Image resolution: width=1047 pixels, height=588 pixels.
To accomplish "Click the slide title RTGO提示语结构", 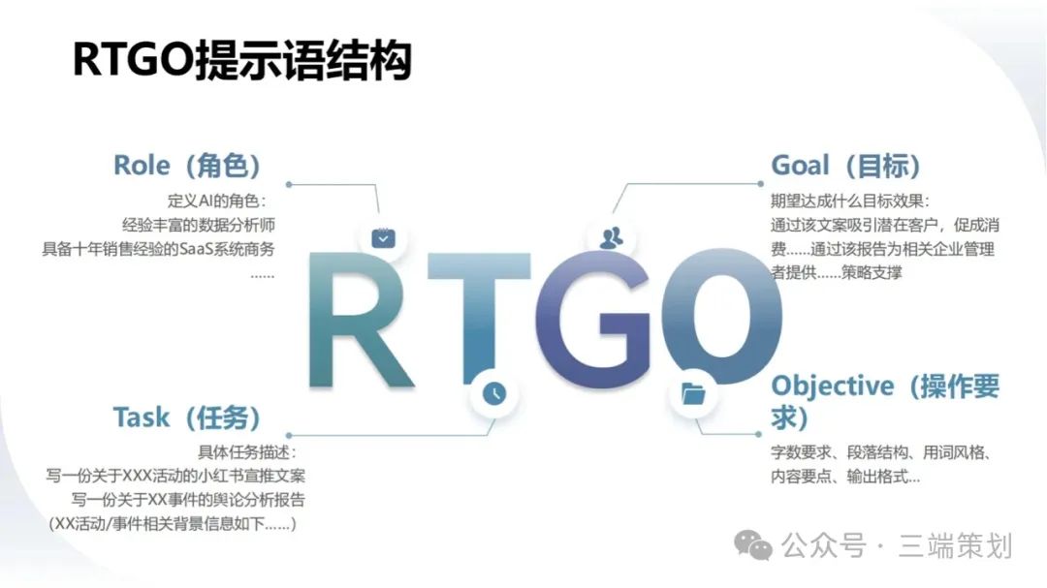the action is click(x=241, y=60).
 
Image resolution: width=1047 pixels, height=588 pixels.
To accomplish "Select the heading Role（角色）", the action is click(x=187, y=166).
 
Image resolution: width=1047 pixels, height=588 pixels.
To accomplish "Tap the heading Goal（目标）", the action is click(x=846, y=166).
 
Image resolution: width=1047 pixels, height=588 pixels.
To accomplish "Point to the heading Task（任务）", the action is click(x=187, y=418).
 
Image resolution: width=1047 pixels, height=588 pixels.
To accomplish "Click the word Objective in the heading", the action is click(x=832, y=387).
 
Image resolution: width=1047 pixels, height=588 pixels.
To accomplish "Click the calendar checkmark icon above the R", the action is click(x=383, y=238).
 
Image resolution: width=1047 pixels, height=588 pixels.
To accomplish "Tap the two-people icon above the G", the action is click(x=611, y=237).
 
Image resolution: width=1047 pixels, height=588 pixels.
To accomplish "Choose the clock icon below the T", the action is click(x=494, y=393).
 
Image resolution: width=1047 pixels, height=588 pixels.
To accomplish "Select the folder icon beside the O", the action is click(x=693, y=394).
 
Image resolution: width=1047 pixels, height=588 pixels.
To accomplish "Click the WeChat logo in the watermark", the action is click(x=753, y=545).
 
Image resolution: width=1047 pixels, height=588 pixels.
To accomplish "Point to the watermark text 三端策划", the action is click(x=956, y=545).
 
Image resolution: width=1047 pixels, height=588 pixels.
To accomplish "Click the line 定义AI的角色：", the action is click(x=216, y=201).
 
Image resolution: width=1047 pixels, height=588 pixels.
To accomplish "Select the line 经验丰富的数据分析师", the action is click(x=199, y=225).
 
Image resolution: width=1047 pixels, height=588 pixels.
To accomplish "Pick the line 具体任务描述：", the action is click(x=247, y=452).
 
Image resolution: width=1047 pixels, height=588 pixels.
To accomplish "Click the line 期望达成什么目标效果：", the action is click(x=849, y=201).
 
